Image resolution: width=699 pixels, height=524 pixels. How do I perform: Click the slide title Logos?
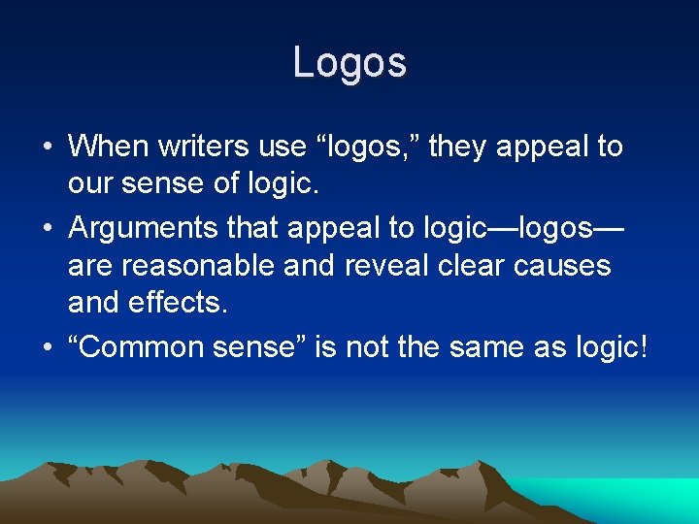(349, 63)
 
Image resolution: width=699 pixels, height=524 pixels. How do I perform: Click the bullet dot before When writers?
(48, 147)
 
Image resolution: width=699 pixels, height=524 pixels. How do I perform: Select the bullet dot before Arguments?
(48, 229)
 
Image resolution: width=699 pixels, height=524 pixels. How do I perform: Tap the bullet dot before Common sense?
(48, 347)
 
